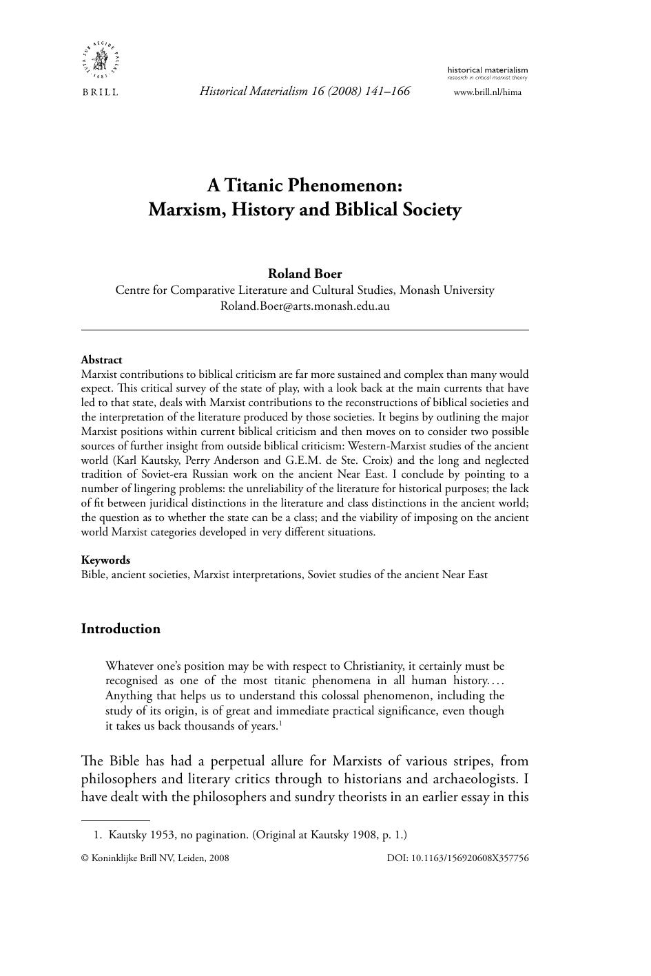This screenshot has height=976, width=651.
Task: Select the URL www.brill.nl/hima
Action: [x=488, y=92]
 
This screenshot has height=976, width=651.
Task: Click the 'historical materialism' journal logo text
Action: [x=488, y=70]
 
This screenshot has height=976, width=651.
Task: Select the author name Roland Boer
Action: [x=304, y=273]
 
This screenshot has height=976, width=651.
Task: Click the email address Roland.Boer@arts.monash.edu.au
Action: [x=304, y=306]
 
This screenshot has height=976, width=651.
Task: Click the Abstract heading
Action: [x=101, y=359]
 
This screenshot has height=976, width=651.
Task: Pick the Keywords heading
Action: [x=105, y=560]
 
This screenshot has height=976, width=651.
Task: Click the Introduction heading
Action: [x=121, y=628]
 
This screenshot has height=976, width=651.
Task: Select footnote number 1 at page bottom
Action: [x=97, y=835]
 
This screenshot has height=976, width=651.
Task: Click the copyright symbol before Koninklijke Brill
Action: [x=85, y=858]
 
